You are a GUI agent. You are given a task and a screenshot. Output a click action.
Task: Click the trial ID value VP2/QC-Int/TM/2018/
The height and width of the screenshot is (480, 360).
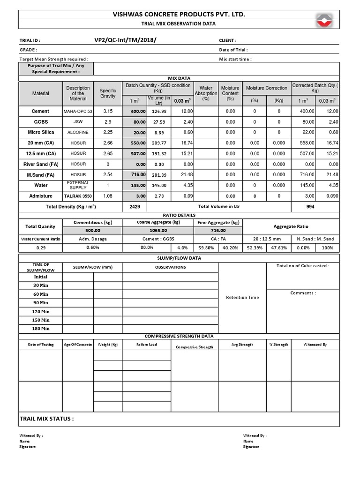tap(125, 40)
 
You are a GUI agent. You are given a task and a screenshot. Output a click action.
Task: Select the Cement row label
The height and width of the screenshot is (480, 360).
tap(40, 111)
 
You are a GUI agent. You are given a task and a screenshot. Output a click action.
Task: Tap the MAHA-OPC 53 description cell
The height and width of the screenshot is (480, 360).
tap(78, 112)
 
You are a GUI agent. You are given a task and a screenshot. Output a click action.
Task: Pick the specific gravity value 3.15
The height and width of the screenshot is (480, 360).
tap(108, 111)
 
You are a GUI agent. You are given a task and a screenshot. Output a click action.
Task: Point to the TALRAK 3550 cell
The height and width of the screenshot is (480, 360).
tap(78, 196)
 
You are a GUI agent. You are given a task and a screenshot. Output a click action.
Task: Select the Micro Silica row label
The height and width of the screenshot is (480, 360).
tap(40, 132)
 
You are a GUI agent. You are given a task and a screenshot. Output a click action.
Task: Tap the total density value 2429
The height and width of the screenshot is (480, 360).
tap(134, 207)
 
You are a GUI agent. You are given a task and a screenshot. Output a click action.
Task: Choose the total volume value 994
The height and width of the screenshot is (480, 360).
tap(310, 207)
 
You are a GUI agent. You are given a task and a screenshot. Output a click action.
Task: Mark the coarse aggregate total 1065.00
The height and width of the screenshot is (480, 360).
tap(158, 230)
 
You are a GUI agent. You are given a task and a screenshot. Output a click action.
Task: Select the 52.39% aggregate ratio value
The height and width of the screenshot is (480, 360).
tap(254, 247)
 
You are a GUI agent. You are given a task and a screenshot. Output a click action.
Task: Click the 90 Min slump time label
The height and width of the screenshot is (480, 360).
tap(41, 303)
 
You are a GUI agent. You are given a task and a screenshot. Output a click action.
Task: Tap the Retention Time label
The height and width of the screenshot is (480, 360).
tap(242, 297)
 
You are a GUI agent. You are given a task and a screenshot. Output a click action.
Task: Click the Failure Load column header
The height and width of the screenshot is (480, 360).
tap(146, 345)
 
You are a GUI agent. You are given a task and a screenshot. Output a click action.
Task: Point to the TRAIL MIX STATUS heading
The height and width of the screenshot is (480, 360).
tap(46, 419)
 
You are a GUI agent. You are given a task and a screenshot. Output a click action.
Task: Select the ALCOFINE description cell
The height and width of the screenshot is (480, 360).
tap(78, 132)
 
